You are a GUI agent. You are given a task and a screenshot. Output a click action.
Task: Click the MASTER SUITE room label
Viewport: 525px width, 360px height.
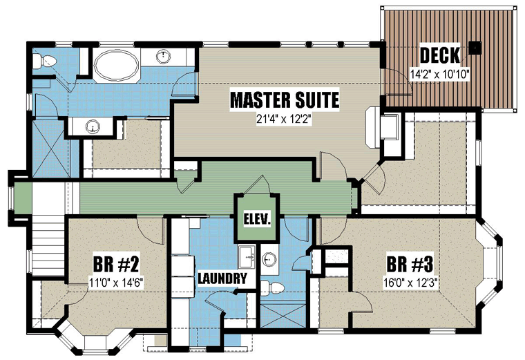pyautogui.click(x=285, y=100)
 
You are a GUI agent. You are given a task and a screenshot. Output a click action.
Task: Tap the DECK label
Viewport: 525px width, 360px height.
pyautogui.click(x=440, y=55)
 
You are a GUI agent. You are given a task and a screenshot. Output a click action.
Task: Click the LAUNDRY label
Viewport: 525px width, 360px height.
pyautogui.click(x=222, y=278)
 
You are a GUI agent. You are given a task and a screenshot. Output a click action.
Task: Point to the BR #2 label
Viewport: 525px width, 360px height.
pyautogui.click(x=116, y=264)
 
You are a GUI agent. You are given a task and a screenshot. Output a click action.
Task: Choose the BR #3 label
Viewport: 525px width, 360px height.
pyautogui.click(x=410, y=264)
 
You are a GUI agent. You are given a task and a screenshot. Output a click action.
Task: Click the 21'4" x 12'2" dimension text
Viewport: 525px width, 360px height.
pyautogui.click(x=284, y=120)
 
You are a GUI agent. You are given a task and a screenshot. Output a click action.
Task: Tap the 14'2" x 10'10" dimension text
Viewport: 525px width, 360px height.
pyautogui.click(x=440, y=74)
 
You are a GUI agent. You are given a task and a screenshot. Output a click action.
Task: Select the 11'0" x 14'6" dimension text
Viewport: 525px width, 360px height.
pyautogui.click(x=116, y=283)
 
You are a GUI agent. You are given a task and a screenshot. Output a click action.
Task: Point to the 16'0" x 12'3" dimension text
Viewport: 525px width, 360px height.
pyautogui.click(x=410, y=283)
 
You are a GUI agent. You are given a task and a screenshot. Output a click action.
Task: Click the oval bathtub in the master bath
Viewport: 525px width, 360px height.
pyautogui.click(x=116, y=66)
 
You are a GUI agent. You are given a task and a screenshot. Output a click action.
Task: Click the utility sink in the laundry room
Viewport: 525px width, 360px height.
pyautogui.click(x=247, y=256)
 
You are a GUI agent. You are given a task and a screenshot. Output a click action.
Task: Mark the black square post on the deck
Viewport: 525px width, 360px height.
pyautogui.click(x=475, y=48)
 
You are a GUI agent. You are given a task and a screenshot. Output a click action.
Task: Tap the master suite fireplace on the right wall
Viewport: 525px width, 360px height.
pyautogui.click(x=372, y=127)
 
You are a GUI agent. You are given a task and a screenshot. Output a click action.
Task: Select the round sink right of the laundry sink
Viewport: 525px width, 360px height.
pyautogui.click(x=267, y=258)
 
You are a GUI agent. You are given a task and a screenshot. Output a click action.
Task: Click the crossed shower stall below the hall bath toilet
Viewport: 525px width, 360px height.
pyautogui.click(x=283, y=316)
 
